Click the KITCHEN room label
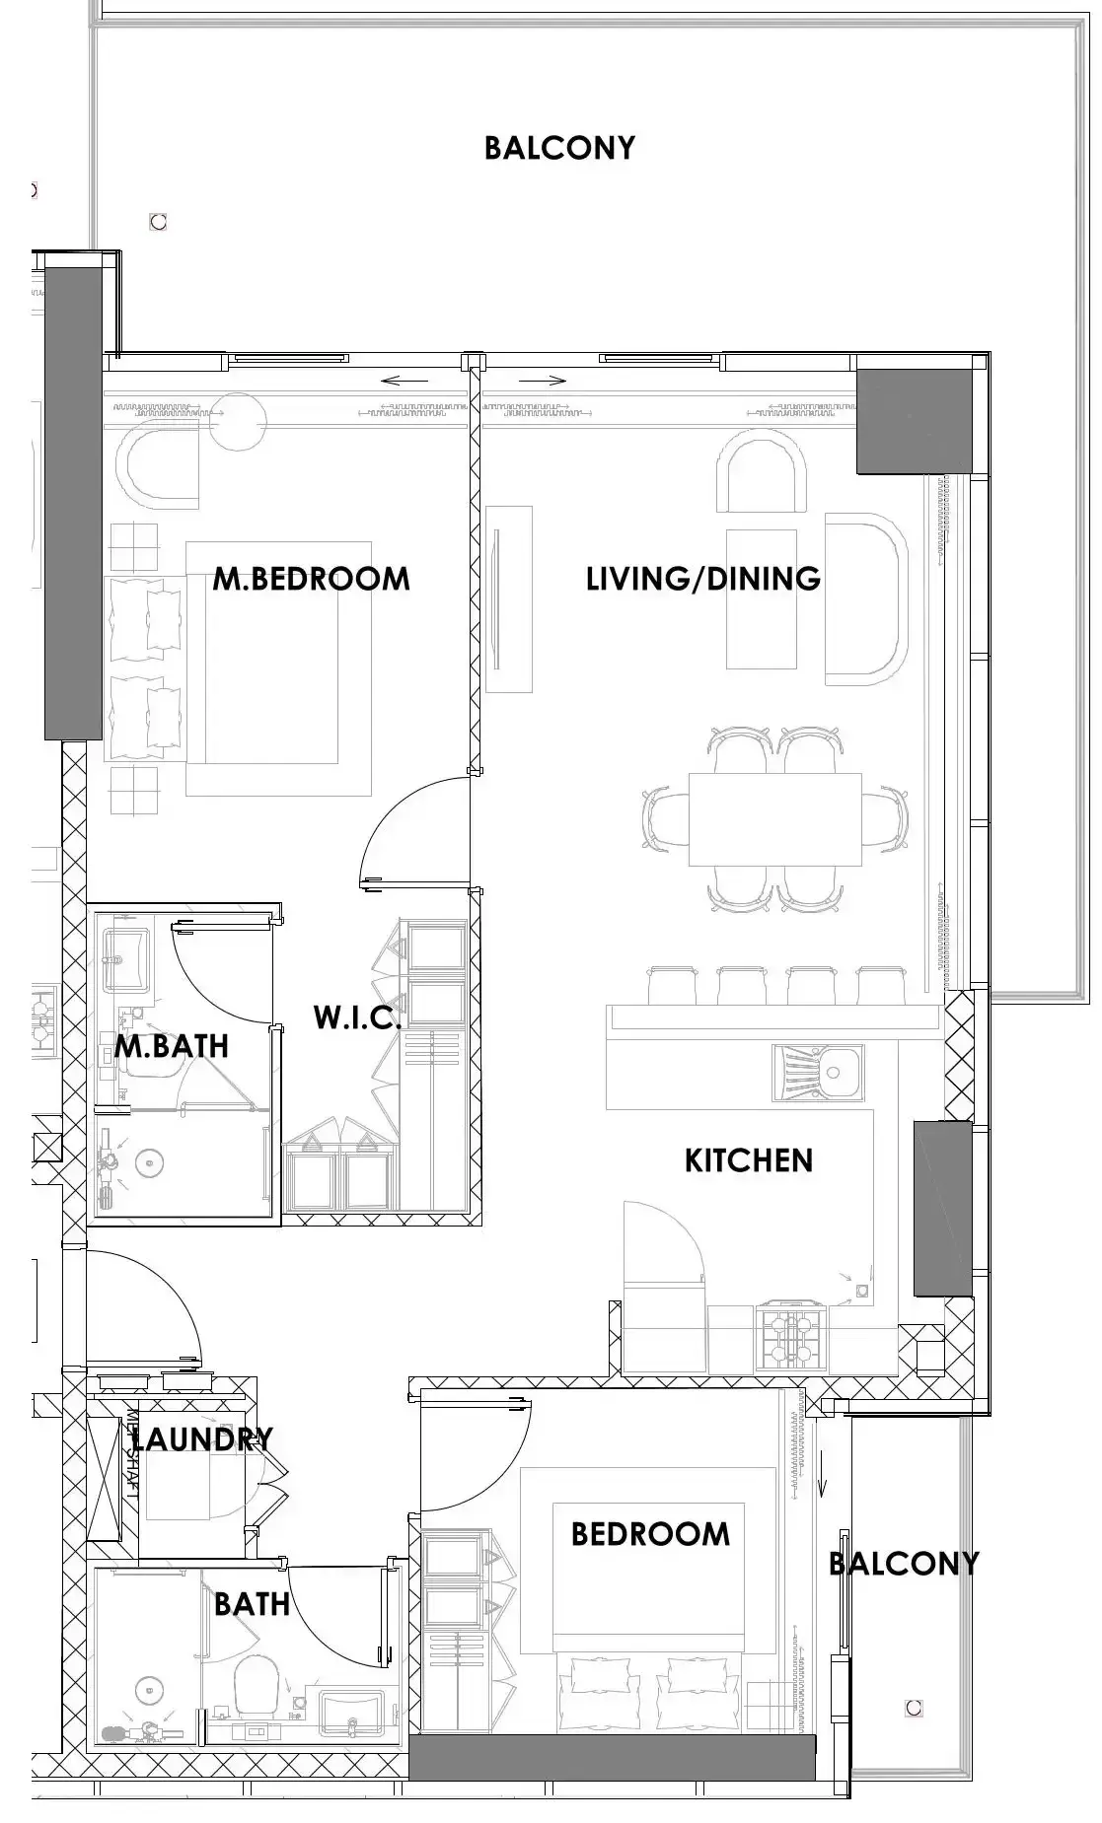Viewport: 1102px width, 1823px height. (749, 1160)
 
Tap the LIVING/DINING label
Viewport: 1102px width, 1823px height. (703, 578)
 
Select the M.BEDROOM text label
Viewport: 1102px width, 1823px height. (311, 579)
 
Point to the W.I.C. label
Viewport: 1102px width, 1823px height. (357, 1017)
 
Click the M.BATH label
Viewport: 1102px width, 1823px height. (172, 1045)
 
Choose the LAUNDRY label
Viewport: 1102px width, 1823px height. (202, 1439)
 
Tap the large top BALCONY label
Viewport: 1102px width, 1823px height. (559, 148)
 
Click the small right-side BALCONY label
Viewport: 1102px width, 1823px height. (904, 1563)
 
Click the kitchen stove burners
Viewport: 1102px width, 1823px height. (789, 1337)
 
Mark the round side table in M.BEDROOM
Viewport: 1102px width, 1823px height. (237, 422)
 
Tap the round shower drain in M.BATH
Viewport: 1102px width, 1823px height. (149, 1163)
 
